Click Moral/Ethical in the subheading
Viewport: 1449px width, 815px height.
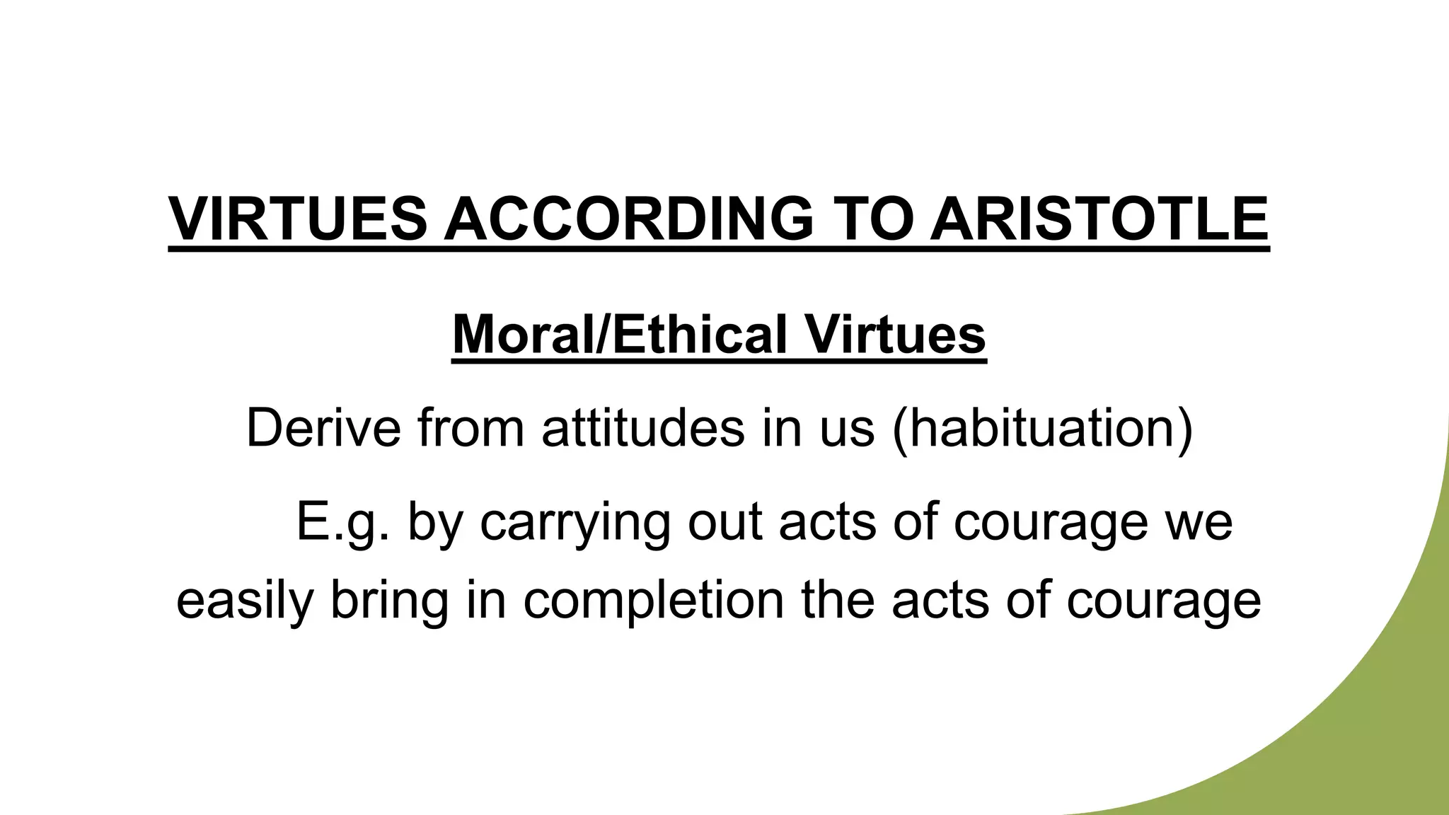point(620,334)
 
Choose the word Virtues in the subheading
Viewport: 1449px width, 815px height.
point(896,334)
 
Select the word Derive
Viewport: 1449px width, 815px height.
point(323,428)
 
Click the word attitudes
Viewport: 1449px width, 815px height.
point(643,428)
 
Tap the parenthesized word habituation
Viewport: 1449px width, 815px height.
point(1042,429)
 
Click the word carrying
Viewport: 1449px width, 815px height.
point(575,524)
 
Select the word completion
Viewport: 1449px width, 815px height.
point(654,601)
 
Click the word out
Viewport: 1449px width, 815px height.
point(724,522)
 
